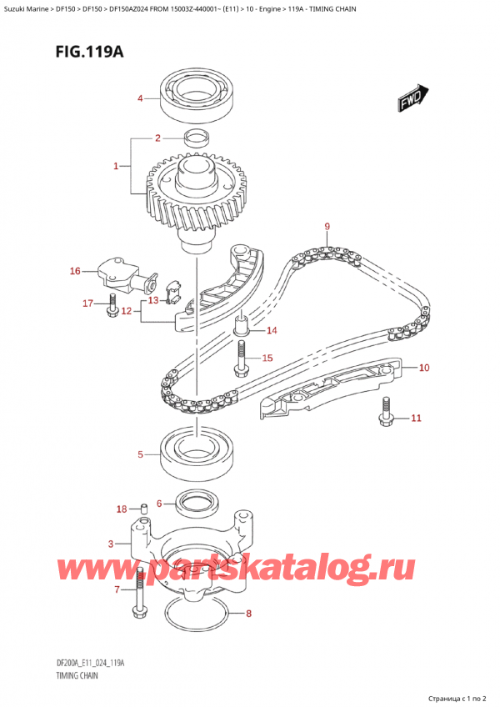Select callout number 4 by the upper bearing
click(x=141, y=99)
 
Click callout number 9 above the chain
click(x=327, y=226)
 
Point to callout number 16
click(x=75, y=271)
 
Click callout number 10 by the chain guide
click(x=424, y=367)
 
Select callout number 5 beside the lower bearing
click(x=141, y=454)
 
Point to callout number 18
click(x=122, y=509)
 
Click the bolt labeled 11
click(x=386, y=409)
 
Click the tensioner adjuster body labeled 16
click(x=118, y=273)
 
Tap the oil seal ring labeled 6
click(x=197, y=503)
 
